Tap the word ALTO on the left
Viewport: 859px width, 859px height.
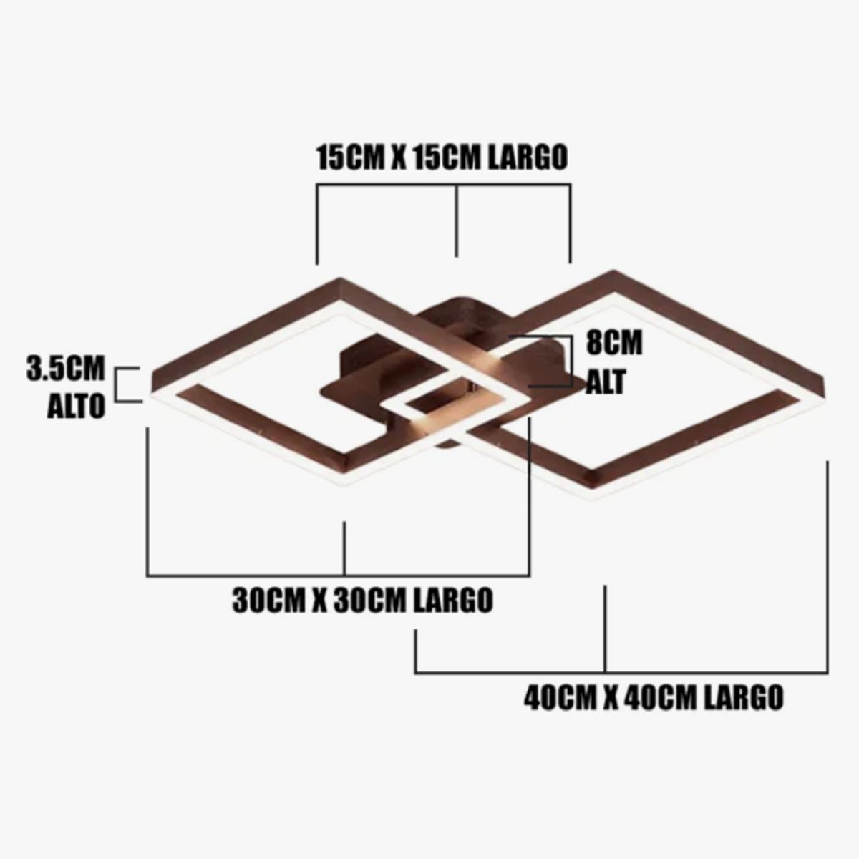coord(76,407)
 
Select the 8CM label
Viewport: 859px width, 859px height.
coord(614,344)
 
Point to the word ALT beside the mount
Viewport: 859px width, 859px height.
coord(606,382)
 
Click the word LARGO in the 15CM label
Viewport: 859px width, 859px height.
coord(528,158)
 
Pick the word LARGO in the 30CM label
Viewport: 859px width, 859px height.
coord(452,601)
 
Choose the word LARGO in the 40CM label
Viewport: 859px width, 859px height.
coord(743,697)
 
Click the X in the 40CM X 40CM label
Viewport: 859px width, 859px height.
coord(611,697)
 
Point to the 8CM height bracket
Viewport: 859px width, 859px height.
coord(570,361)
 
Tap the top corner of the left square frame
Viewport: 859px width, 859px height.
coord(341,279)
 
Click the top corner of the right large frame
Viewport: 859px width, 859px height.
coord(613,271)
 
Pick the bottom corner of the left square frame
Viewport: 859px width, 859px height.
coord(342,485)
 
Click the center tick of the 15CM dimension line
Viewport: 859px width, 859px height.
coord(457,220)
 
